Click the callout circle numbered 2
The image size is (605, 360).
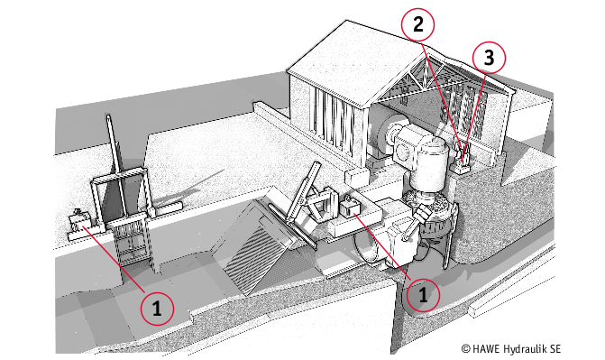417,25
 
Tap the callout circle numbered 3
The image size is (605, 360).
489,58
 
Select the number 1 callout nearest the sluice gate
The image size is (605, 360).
157,309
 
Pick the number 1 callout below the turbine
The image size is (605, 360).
423,295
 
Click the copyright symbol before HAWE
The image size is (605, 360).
466,349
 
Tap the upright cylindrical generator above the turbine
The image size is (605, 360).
431,162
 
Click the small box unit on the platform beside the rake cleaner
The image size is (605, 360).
350,208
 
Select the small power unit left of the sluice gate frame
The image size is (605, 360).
79,221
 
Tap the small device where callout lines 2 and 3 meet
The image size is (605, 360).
463,156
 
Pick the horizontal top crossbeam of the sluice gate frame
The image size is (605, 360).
118,176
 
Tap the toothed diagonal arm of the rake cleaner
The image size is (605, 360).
302,195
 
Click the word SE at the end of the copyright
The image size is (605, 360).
555,349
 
